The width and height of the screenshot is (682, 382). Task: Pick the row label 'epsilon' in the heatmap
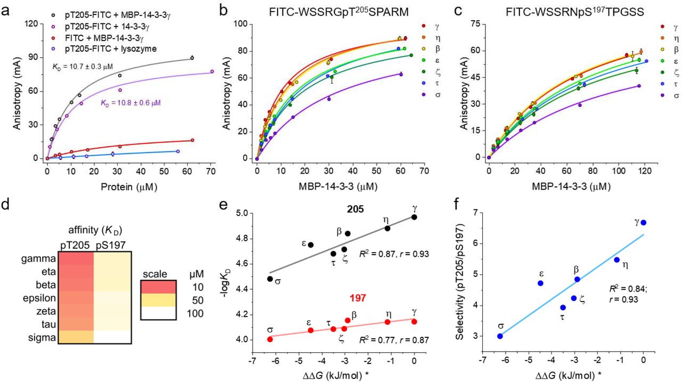pos(39,292)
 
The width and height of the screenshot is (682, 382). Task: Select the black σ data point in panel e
pos(270,279)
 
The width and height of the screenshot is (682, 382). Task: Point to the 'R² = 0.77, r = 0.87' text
pos(387,338)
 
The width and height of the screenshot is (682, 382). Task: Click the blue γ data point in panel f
pos(644,223)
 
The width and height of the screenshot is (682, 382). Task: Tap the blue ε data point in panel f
pos(541,283)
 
